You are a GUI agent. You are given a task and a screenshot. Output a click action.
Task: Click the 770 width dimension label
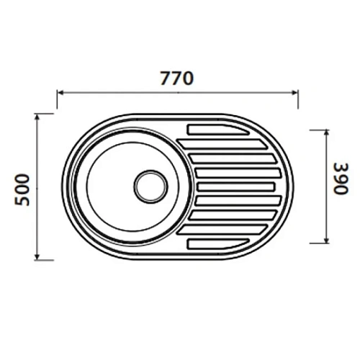tap(176, 78)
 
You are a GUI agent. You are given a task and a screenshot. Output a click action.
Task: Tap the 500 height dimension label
tap(22, 190)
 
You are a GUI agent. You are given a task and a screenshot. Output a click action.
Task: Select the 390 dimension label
tap(341, 179)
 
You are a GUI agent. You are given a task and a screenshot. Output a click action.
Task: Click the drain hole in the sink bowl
tap(150, 186)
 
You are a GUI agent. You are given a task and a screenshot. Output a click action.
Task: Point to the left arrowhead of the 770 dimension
tap(60, 93)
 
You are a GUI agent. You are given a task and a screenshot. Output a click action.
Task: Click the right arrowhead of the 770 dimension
tap(294, 93)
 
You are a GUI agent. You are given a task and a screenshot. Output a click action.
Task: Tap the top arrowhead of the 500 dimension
tap(37, 117)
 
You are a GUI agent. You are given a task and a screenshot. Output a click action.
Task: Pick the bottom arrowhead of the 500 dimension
tap(37, 257)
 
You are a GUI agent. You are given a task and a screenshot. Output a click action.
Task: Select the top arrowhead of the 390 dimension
tap(326, 133)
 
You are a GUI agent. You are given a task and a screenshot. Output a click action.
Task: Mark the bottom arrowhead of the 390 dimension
tap(326, 240)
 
